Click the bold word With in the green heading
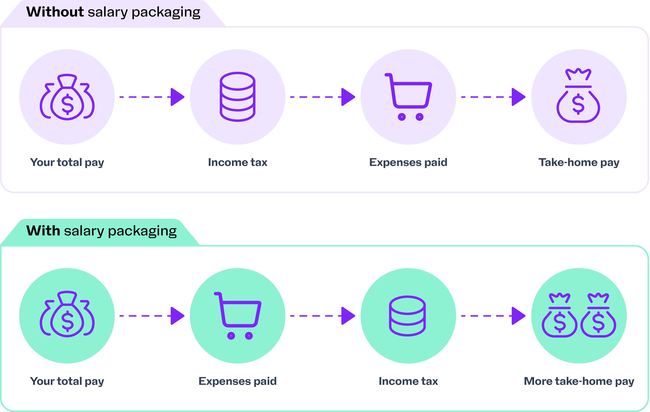pyautogui.click(x=43, y=231)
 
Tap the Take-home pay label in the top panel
pyautogui.click(x=579, y=162)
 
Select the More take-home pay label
pyautogui.click(x=579, y=381)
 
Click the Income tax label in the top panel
pyautogui.click(x=238, y=162)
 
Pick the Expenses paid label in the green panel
pyautogui.click(x=238, y=381)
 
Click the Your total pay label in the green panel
pyautogui.click(x=67, y=381)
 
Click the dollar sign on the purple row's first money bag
pyautogui.click(x=67, y=104)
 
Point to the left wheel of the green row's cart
pyautogui.click(x=231, y=336)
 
